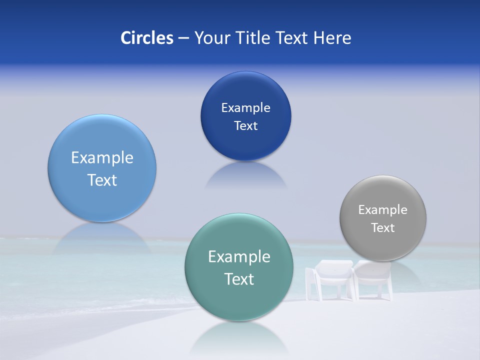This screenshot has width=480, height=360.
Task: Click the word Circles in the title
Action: coord(146,38)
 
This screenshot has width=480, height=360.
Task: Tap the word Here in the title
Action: coord(332,38)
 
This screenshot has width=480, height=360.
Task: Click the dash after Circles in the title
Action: coord(183,38)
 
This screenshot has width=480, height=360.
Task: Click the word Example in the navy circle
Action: coord(245,107)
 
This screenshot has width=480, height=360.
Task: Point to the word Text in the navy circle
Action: coord(245,125)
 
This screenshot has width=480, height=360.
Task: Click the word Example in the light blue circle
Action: coord(102,157)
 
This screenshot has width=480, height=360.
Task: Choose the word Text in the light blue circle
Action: coord(102,180)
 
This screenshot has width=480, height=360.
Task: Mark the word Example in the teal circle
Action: coord(239,256)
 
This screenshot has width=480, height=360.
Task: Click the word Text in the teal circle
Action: coord(239,279)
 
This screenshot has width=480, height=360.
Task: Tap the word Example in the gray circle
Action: coord(383,209)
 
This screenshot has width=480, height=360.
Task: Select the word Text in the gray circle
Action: coord(383,227)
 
